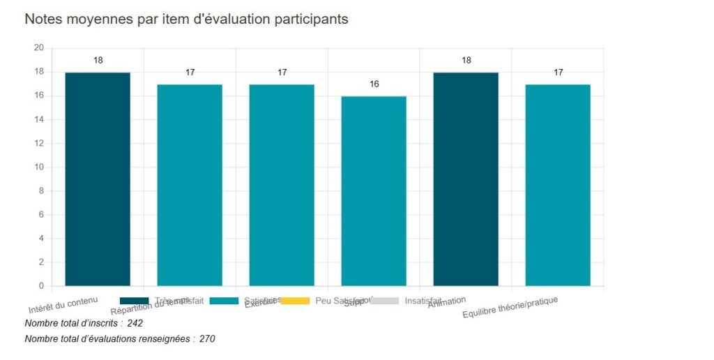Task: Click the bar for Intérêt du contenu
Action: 98,179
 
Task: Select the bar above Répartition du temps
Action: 190,185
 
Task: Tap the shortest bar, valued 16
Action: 374,190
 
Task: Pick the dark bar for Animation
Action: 466,179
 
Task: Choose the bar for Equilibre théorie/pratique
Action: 558,185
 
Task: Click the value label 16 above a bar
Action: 374,84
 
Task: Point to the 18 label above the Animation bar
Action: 466,61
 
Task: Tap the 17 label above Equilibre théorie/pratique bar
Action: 559,73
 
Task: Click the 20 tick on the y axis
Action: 39,48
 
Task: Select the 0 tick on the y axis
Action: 41,286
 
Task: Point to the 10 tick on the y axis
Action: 39,167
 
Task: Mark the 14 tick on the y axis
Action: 39,119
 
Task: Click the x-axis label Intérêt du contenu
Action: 63,305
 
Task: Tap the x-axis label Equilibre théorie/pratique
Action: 511,308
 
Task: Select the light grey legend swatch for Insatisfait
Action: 384,301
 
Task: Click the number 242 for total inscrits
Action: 135,324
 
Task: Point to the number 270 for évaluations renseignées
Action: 207,339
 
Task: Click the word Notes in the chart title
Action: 44,20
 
